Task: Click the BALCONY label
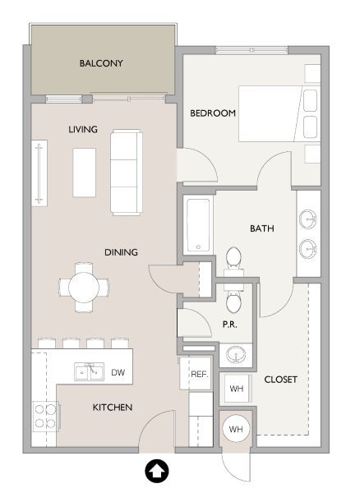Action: point(101,63)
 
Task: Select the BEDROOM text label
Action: point(213,113)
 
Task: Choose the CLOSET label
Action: point(280,380)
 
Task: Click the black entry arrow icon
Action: point(155,472)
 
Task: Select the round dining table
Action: point(83,287)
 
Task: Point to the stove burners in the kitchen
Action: point(44,417)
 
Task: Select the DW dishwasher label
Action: point(118,372)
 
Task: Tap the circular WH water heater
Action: point(236,429)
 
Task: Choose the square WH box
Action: point(237,389)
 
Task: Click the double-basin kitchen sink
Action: point(88,372)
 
